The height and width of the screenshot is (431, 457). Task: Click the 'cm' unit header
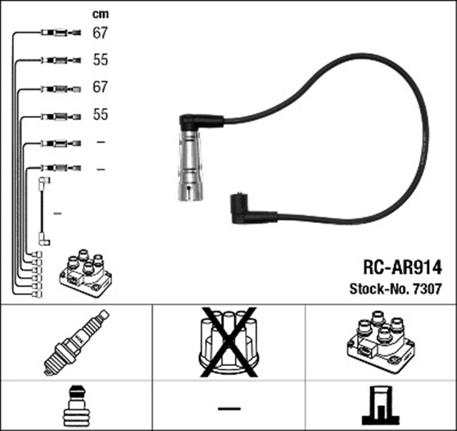point(100,14)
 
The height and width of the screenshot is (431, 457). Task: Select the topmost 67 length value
point(100,32)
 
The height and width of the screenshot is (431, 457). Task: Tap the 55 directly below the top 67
point(100,60)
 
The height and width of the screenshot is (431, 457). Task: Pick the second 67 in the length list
point(100,87)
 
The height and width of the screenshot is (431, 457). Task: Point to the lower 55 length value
point(100,114)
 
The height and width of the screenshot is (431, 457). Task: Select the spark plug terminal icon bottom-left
point(76,404)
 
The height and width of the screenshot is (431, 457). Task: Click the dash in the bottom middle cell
point(228,408)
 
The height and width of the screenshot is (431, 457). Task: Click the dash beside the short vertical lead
point(58,213)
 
